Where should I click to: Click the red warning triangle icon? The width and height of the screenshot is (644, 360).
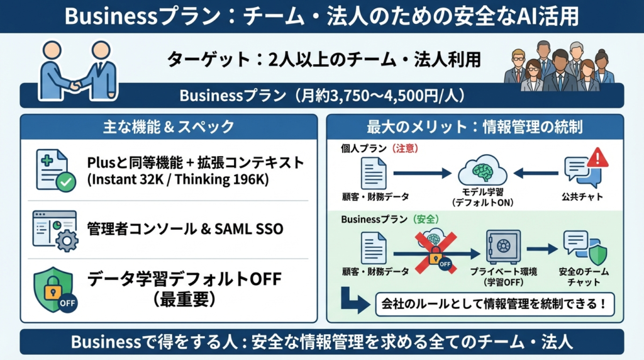597,157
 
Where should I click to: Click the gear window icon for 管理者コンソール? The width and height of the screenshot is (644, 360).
55,230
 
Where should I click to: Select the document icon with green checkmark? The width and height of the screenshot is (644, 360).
55,171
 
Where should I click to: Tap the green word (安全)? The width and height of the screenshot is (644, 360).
426,220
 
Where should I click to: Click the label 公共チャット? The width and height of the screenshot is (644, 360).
582,197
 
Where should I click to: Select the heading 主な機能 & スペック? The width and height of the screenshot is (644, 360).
168,127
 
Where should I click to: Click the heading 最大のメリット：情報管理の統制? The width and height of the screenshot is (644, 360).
475,127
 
